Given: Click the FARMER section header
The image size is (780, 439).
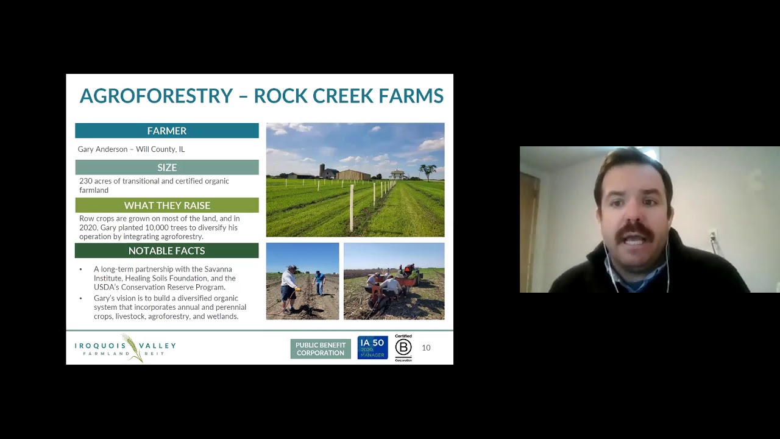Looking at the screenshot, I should coord(166,130).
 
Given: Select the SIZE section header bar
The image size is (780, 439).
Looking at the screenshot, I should coord(166,168).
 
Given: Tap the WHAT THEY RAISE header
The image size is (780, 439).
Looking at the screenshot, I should coord(166,205).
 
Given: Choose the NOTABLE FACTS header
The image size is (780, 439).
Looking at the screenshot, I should coord(166,251).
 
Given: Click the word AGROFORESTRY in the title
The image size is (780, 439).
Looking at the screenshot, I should coord(156,96).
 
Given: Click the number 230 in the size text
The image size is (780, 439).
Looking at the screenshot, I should coord(85,181).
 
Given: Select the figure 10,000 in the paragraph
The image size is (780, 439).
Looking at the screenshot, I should coord(133,227).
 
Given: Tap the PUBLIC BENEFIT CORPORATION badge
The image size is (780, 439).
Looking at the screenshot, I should coord(321,349).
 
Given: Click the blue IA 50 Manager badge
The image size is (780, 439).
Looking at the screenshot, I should coord(372,348).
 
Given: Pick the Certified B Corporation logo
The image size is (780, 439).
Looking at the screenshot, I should coord(403,348).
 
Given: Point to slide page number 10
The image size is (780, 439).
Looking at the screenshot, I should coord(426,348).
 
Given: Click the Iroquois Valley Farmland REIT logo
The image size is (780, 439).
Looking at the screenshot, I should coord(125,348).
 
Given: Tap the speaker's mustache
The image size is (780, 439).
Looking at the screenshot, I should coord(636,231).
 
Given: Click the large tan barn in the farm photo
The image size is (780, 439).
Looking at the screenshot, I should coord(353,175).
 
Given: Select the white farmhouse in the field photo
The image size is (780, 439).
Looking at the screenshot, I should coord(397,174).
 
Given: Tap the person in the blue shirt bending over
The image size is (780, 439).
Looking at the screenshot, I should coord(319,282).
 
